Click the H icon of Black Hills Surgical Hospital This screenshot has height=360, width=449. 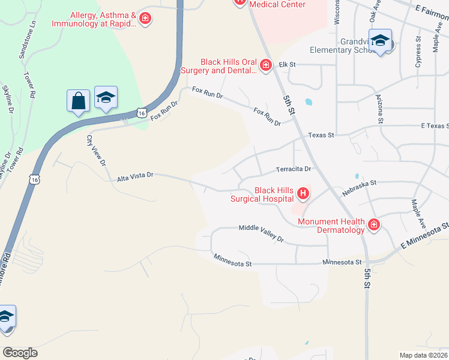[x=303, y=193]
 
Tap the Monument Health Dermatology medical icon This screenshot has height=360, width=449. [x=373, y=225]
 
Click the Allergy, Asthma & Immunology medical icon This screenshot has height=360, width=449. [x=145, y=19]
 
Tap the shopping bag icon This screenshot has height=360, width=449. [x=79, y=101]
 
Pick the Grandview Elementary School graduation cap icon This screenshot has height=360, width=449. [x=380, y=40]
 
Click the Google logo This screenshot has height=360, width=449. [x=20, y=353]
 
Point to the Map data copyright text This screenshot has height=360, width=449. [x=424, y=355]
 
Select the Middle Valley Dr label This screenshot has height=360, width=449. [x=261, y=232]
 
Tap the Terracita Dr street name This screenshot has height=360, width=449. [x=294, y=169]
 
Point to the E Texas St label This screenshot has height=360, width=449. [x=435, y=125]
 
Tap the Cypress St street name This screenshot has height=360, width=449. [x=418, y=55]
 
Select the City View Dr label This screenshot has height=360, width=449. [x=96, y=151]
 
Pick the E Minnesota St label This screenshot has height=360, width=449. [x=424, y=236]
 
